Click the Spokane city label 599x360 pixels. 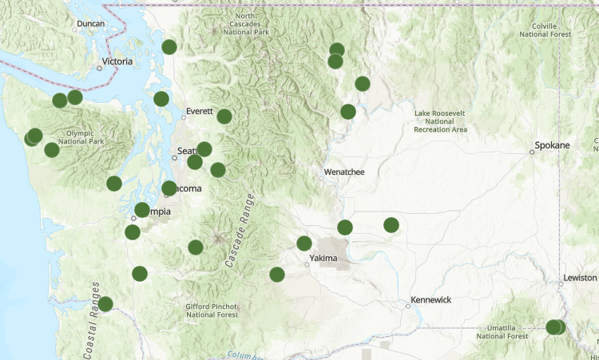click(553, 145)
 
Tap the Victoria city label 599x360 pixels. click(117, 61)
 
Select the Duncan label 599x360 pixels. click(90, 24)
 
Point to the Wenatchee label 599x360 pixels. click(344, 172)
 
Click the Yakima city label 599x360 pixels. click(323, 258)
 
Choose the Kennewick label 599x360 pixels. click(430, 299)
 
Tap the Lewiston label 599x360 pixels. click(580, 278)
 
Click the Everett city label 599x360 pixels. click(200, 112)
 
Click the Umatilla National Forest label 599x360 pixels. click(502, 332)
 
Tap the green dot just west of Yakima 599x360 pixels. click(304, 243)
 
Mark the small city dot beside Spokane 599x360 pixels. click(532, 151)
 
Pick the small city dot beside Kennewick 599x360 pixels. click(408, 305)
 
